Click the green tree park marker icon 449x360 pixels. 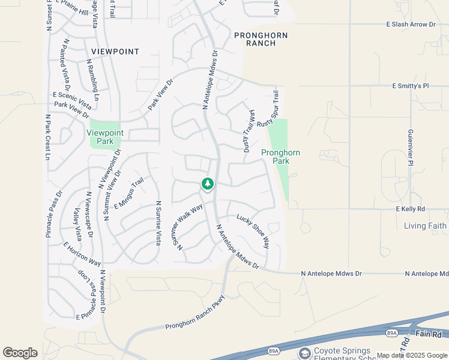pyautogui.click(x=208, y=184)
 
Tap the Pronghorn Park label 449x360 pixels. pyautogui.click(x=280, y=157)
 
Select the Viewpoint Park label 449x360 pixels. pyautogui.click(x=105, y=137)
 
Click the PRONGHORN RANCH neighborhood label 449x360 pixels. pyautogui.click(x=261, y=40)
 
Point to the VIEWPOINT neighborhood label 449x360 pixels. pyautogui.click(x=115, y=52)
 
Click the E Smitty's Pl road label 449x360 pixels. pyautogui.click(x=411, y=86)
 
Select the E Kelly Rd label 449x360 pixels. pyautogui.click(x=410, y=209)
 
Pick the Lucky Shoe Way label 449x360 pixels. pyautogui.click(x=253, y=231)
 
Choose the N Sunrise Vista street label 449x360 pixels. pyautogui.click(x=158, y=223)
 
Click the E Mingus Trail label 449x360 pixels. pyautogui.click(x=129, y=193)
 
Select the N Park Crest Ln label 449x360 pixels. pyautogui.click(x=47, y=137)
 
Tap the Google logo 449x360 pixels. pyautogui.click(x=20, y=353)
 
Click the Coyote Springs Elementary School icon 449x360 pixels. pyautogui.click(x=304, y=353)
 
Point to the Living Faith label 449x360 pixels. pyautogui.click(x=425, y=226)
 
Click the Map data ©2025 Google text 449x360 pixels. pyautogui.click(x=412, y=355)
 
